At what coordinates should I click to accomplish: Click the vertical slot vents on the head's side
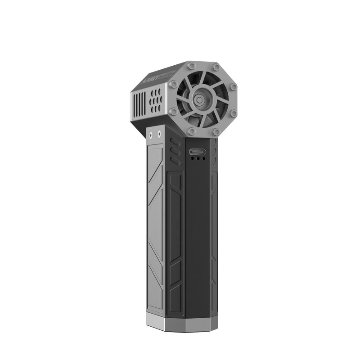[x=139, y=105]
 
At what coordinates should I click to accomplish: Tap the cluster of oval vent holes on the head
[x=157, y=102]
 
